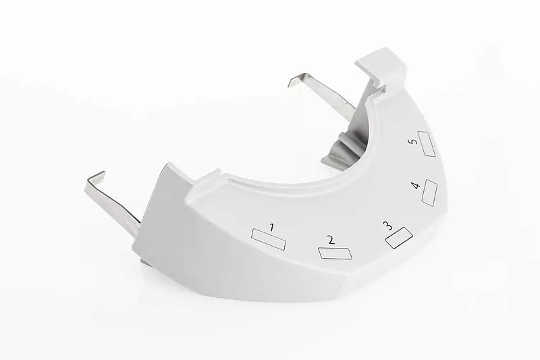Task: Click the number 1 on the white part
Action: [x=272, y=228]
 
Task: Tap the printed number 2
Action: [x=331, y=240]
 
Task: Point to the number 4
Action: [x=416, y=185]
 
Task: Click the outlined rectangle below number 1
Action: [x=269, y=239]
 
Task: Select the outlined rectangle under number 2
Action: [x=335, y=253]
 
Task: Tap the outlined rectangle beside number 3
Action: [x=399, y=238]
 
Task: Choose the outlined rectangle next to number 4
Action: [x=429, y=192]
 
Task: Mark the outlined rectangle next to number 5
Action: [x=427, y=144]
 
